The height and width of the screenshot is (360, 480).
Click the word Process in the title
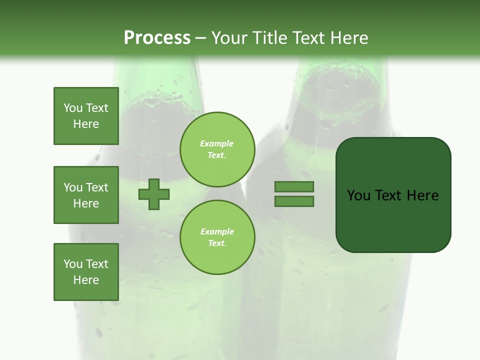[x=157, y=38]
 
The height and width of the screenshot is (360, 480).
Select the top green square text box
[x=86, y=116]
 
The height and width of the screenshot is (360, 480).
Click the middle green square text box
[x=86, y=195]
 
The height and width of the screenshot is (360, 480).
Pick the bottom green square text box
[x=86, y=272]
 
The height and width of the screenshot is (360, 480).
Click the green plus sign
[x=154, y=194]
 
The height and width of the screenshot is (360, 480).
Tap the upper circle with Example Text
[x=217, y=149]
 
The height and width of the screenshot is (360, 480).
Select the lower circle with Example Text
[x=217, y=237]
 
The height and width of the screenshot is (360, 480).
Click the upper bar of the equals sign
[x=294, y=186]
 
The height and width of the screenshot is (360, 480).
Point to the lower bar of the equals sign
[x=294, y=201]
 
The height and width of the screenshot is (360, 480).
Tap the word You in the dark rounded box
[x=358, y=195]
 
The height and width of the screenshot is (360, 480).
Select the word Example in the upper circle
[x=217, y=143]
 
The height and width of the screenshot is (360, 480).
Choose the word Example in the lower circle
[x=217, y=231]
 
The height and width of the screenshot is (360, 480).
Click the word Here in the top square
[x=86, y=124]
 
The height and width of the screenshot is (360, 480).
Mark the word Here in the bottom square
[x=86, y=280]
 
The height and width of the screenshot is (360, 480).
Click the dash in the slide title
[x=201, y=38]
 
